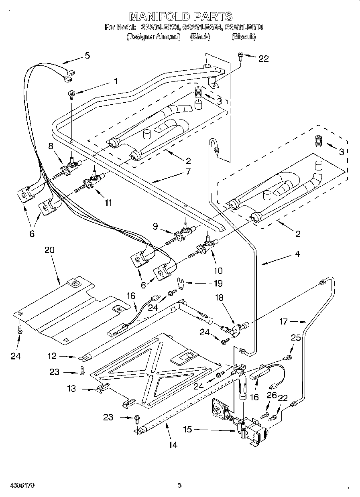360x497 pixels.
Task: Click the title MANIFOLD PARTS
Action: coord(181,16)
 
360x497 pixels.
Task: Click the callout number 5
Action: coord(87,55)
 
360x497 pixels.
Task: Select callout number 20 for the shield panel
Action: coord(49,250)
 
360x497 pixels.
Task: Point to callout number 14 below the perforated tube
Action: coord(173,444)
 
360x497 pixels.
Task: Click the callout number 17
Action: coord(283,321)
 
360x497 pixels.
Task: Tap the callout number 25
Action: coord(296,338)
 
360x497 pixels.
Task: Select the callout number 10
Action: coord(207,271)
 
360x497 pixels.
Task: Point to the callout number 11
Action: coord(108,203)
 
